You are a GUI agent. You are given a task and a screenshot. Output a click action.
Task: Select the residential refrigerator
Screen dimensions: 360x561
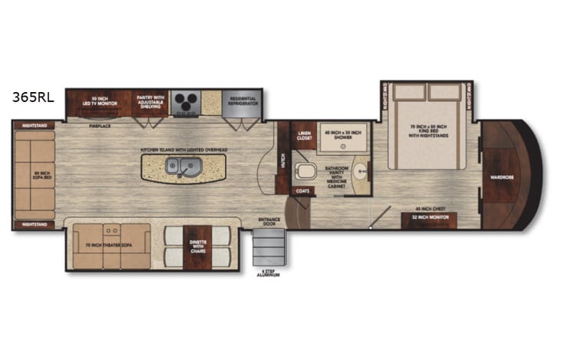click(x=243, y=101)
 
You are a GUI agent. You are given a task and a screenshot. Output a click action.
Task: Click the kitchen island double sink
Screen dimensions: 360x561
click(x=183, y=165)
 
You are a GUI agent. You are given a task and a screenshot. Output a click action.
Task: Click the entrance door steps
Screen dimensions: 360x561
click(x=270, y=247)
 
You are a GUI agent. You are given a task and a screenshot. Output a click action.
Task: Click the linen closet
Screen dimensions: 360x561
click(x=304, y=135)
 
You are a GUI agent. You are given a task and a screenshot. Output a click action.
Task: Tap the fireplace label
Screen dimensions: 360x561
click(x=100, y=124)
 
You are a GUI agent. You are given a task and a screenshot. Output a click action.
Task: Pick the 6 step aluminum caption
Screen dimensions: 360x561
click(x=270, y=272)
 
